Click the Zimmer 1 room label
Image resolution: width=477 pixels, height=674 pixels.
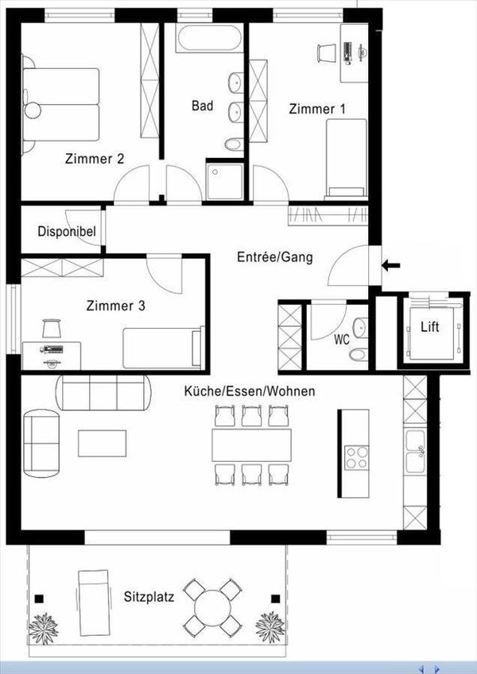tap(317, 109)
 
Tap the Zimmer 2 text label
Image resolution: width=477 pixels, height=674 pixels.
tap(94, 159)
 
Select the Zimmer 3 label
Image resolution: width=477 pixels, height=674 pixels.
tap(116, 304)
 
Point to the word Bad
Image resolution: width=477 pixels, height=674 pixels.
tap(202, 106)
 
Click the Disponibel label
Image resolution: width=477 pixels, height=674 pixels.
tap(67, 232)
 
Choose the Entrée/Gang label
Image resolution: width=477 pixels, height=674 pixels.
tap(274, 257)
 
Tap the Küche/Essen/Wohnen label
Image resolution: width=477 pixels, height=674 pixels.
tap(250, 391)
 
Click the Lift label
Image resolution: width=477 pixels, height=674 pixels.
tap(429, 327)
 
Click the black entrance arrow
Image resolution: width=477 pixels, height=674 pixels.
tap(391, 265)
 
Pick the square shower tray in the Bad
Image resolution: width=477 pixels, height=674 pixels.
tap(223, 181)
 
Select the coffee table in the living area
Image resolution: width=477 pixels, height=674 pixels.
tap(102, 443)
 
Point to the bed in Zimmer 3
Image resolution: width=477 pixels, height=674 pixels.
tap(162, 348)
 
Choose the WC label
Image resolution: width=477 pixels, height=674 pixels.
tap(342, 340)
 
